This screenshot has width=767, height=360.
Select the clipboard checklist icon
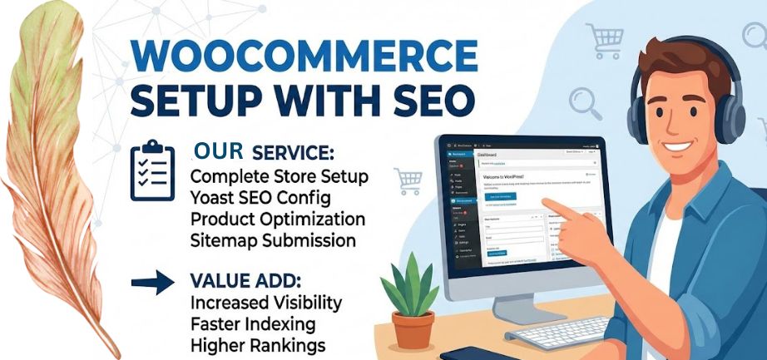click(x=152, y=173)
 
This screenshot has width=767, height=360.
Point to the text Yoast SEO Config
click(x=260, y=199)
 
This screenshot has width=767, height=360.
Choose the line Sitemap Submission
click(x=273, y=240)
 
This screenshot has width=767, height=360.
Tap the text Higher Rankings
click(x=257, y=343)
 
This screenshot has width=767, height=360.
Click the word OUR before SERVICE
click(x=217, y=150)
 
